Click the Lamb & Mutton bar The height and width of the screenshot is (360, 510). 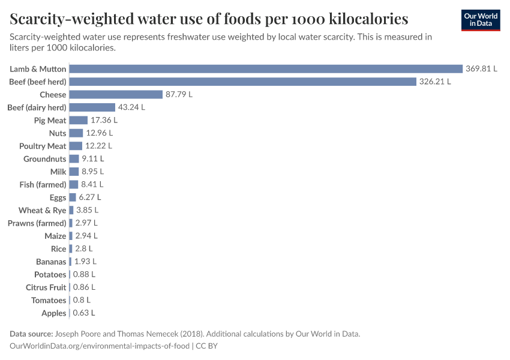pos(266,69)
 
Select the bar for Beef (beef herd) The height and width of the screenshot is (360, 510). pos(243,82)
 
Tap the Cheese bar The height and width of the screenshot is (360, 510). pos(116,95)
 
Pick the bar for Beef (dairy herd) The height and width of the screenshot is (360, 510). pos(92,107)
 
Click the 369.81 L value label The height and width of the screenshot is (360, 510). pos(482,69)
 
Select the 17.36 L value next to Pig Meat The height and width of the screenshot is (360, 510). pos(104,121)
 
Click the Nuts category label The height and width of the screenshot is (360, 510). pos(58,133)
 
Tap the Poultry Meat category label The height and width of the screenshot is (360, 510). pos(43,146)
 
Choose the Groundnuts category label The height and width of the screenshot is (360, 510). pos(45,159)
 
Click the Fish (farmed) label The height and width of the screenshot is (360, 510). pos(43,185)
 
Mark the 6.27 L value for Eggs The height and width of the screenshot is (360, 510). pos(90,197)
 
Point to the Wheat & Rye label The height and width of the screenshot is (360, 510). pos(43,211)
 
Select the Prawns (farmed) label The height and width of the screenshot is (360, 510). pos(37,223)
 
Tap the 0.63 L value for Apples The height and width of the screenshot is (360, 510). pos(84,313)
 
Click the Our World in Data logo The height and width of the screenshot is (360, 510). pos(480,20)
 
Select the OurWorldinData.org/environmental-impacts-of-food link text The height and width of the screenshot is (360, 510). pos(100,346)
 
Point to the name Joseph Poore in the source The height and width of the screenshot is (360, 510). pos(77,334)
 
